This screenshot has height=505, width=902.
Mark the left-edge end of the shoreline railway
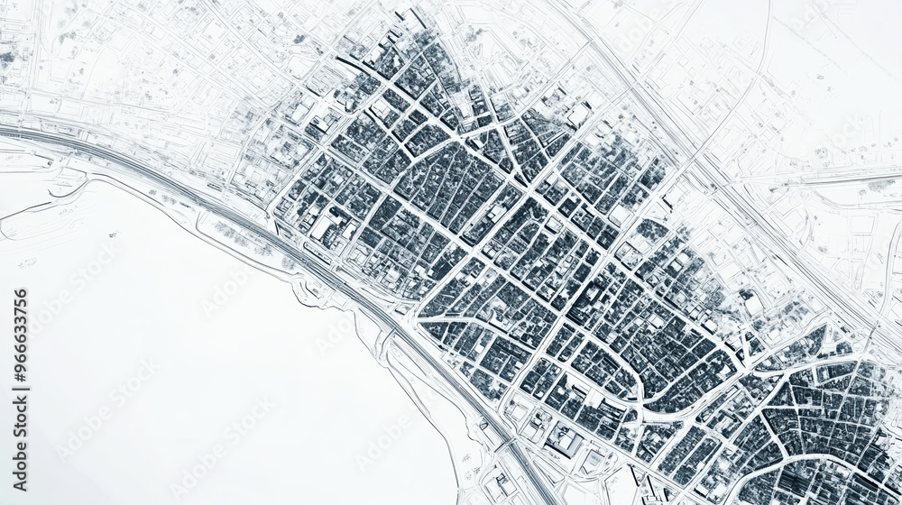click(x=4, y=131)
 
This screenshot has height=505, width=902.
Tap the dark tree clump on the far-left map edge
click(x=7, y=59)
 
